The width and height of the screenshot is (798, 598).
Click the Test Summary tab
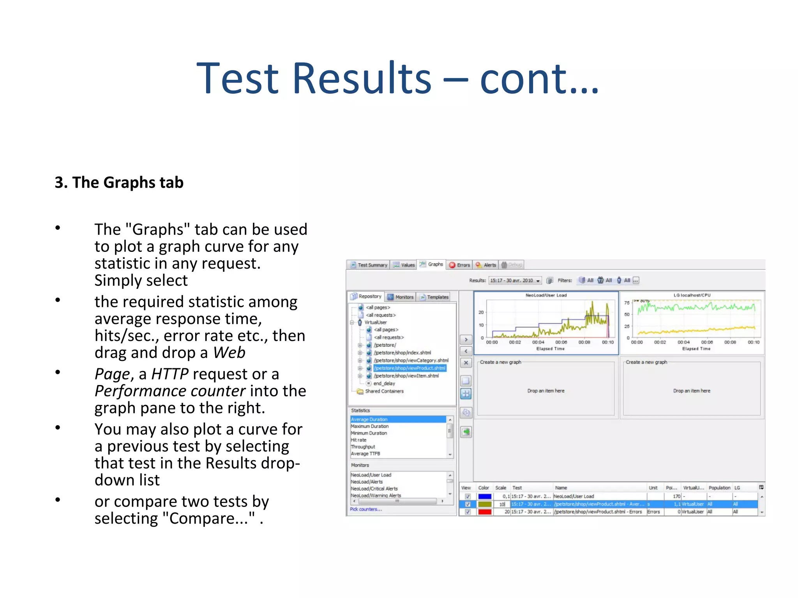[x=369, y=265]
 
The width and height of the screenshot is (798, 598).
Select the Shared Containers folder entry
[x=384, y=391]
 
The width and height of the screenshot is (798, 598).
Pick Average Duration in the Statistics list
[x=369, y=419]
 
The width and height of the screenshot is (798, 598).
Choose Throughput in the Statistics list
[x=363, y=447]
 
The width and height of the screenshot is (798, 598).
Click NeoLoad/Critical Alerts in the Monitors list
[x=374, y=489]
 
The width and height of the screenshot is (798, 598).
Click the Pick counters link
[x=366, y=509]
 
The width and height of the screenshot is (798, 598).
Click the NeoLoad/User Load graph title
[x=546, y=295]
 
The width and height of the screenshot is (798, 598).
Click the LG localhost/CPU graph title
[x=692, y=295]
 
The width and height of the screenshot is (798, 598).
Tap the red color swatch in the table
[x=485, y=512]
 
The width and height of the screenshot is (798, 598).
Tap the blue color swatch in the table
[x=485, y=496]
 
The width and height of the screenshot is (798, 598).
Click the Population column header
[x=719, y=488]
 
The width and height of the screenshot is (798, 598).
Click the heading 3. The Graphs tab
[x=119, y=183]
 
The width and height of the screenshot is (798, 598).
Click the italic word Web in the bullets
[x=229, y=353]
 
